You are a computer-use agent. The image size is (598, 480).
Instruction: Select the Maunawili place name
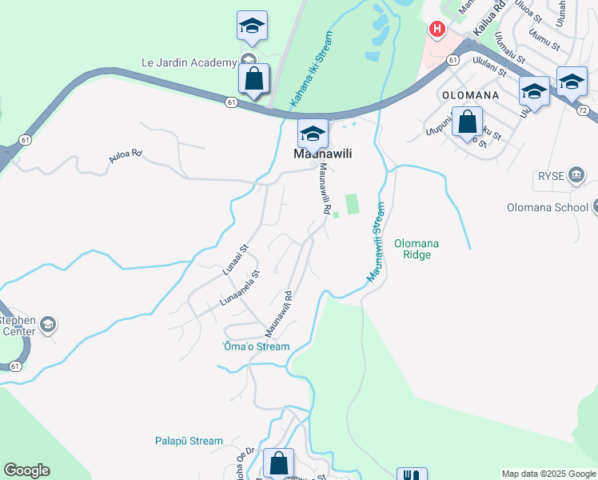pyautogui.click(x=323, y=154)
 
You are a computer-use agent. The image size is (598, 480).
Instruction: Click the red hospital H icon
pyautogui.click(x=437, y=30)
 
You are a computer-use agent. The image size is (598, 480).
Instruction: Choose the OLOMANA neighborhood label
pyautogui.click(x=471, y=94)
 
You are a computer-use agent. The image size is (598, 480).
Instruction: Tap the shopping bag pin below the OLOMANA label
pyautogui.click(x=468, y=123)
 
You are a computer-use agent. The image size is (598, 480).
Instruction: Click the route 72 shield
pyautogui.click(x=582, y=109)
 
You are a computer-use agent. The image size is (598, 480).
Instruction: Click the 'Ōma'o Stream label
pyautogui.click(x=255, y=346)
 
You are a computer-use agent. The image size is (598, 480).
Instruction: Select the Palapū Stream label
pyautogui.click(x=189, y=441)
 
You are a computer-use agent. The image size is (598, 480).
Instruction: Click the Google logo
pyautogui.click(x=26, y=470)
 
